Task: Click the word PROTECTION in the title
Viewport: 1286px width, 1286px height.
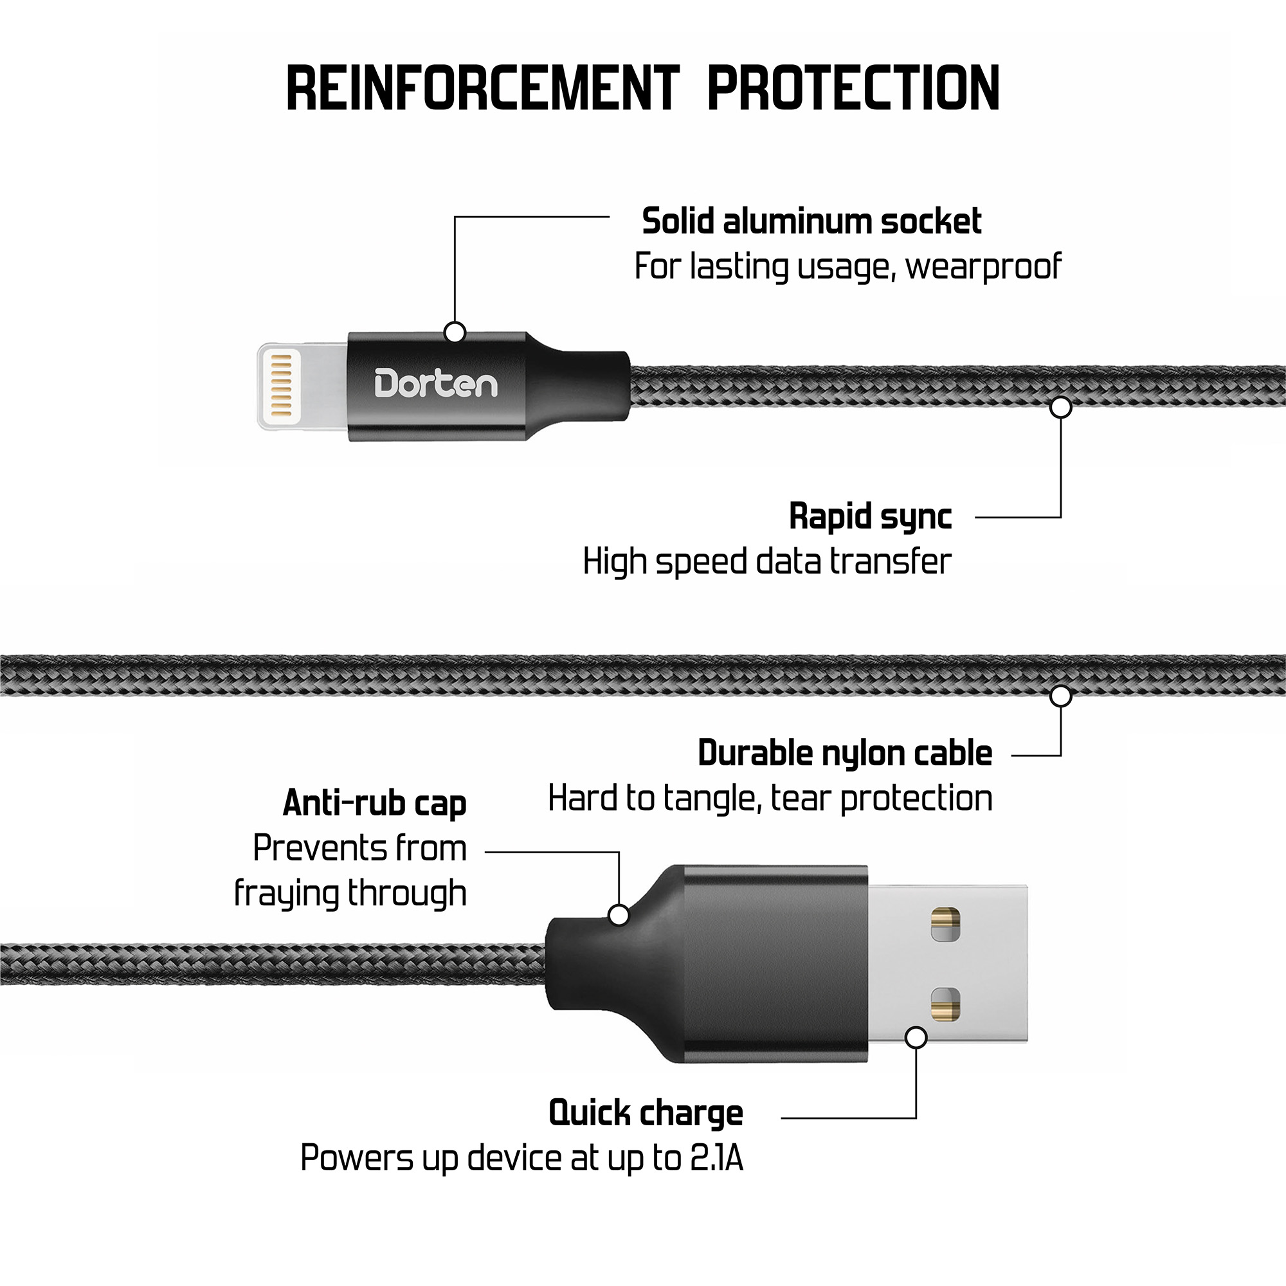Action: click(x=853, y=89)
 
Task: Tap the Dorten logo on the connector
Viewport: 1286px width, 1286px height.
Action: click(x=436, y=384)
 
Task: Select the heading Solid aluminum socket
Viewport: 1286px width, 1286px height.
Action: click(x=811, y=222)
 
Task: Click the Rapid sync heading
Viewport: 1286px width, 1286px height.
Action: click(x=870, y=516)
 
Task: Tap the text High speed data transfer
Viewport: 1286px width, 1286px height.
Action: click(x=767, y=562)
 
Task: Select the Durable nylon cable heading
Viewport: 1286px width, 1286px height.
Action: click(x=845, y=754)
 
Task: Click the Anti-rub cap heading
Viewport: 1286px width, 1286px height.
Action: click(x=375, y=802)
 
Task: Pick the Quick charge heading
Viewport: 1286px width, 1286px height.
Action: click(x=646, y=1113)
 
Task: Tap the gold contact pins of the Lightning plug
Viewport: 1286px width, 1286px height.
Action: click(x=282, y=381)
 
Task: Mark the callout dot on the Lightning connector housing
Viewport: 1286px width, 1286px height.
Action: click(x=455, y=332)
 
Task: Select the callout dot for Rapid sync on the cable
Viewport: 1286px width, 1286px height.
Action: click(x=1060, y=407)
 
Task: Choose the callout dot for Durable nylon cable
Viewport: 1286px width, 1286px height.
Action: click(x=1060, y=696)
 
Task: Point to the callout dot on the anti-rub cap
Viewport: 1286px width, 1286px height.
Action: click(x=619, y=915)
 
